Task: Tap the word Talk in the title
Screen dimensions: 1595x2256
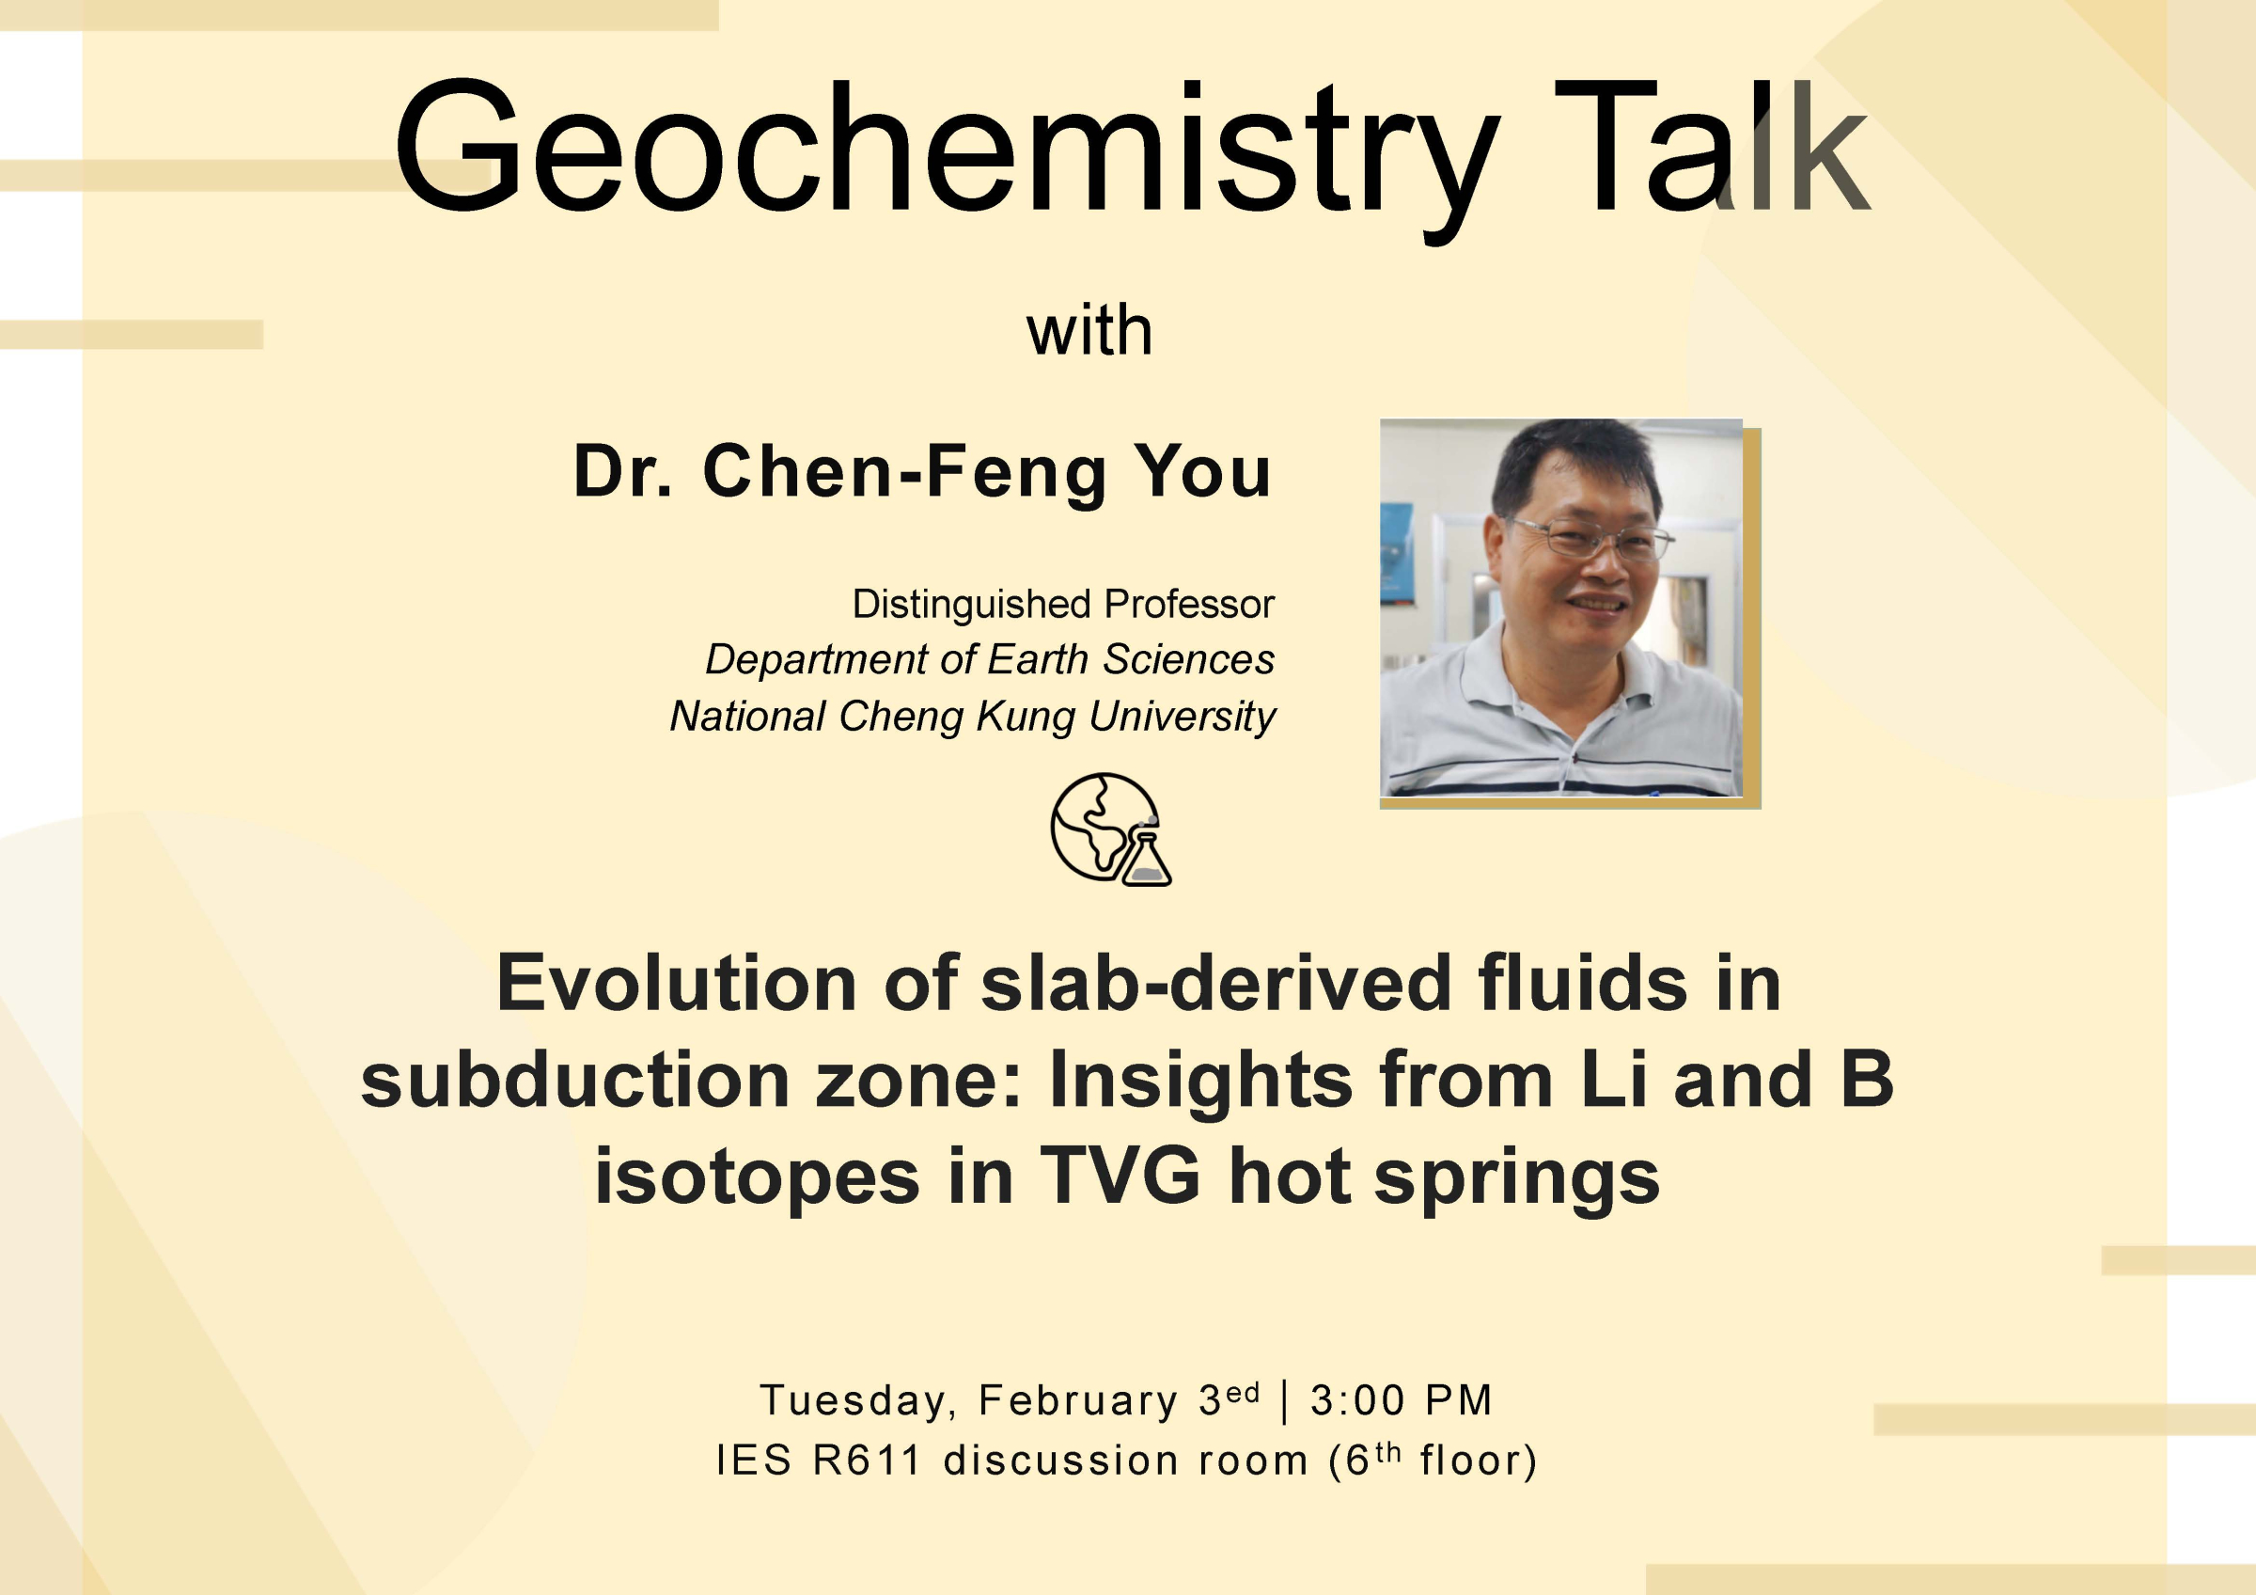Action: coord(1710,148)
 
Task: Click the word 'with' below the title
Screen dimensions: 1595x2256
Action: coord(1089,331)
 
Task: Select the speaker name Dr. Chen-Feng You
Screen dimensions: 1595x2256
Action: coord(921,472)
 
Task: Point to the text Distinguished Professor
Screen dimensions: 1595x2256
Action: coord(1062,604)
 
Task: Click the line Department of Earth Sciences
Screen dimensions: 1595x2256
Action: coord(990,659)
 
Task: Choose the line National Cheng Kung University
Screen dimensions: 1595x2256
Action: coord(972,716)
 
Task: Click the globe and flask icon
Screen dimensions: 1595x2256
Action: coord(1108,829)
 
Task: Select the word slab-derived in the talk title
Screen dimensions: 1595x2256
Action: coord(1215,983)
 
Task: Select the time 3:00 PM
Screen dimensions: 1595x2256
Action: coord(1401,1400)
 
